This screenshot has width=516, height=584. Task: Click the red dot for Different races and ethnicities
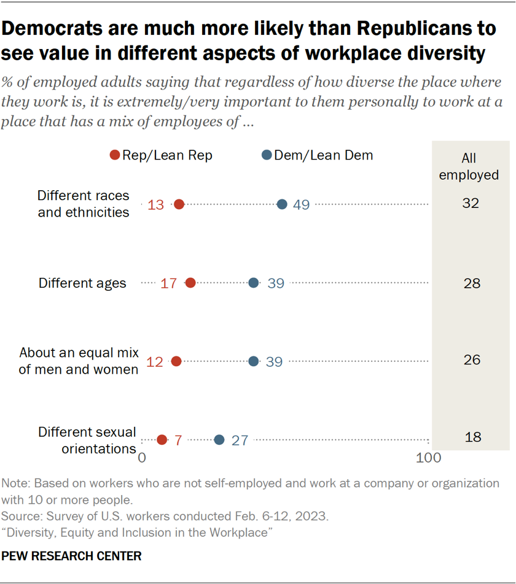(x=179, y=204)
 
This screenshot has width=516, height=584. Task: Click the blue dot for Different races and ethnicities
(x=282, y=204)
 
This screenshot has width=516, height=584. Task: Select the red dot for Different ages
(x=190, y=283)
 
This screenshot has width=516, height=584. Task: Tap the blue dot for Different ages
(x=254, y=283)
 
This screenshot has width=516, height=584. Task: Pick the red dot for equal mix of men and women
(x=176, y=361)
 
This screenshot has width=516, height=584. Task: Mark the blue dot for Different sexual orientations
(x=219, y=439)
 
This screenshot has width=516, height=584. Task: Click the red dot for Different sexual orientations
(x=162, y=439)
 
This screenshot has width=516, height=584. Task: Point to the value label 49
(x=301, y=205)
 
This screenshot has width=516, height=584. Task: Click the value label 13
(x=156, y=205)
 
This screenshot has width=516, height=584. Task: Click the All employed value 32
(x=471, y=203)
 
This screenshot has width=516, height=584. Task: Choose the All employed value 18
(x=473, y=437)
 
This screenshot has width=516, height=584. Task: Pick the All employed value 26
(x=471, y=359)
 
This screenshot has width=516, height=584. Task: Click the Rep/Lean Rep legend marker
(x=114, y=156)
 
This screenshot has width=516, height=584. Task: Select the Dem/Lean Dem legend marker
(x=267, y=156)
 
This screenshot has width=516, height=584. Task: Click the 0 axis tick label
(x=142, y=458)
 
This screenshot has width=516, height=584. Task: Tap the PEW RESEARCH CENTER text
(x=72, y=556)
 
